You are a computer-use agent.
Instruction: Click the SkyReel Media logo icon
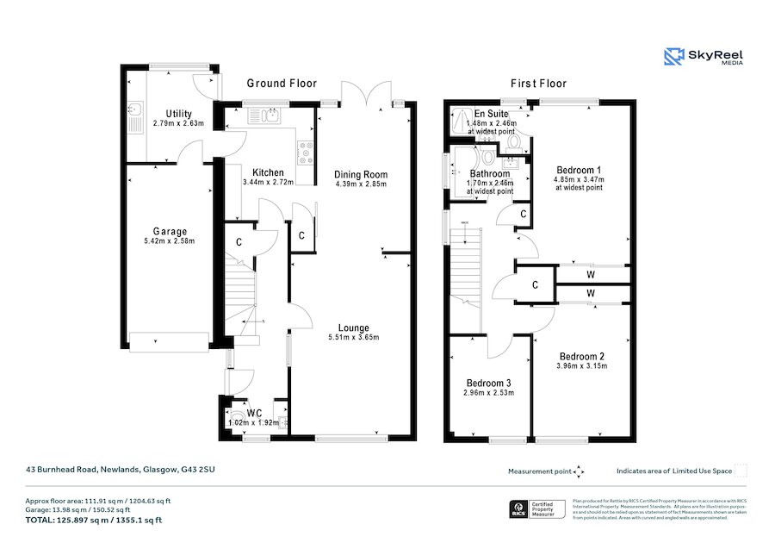pyautogui.click(x=673, y=57)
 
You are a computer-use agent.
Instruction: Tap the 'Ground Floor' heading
pyautogui.click(x=282, y=84)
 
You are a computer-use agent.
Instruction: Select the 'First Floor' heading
pyautogui.click(x=539, y=84)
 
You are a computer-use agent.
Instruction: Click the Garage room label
pyautogui.click(x=170, y=231)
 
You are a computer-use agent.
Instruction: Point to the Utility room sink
pyautogui.click(x=135, y=110)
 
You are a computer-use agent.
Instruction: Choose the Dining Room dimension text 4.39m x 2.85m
pyautogui.click(x=361, y=184)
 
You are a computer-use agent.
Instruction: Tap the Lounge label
pyautogui.click(x=353, y=328)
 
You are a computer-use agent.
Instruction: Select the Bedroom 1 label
pyautogui.click(x=579, y=169)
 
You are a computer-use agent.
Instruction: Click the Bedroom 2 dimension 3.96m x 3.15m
pyautogui.click(x=583, y=365)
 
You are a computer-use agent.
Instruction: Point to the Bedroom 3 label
pyautogui.click(x=489, y=384)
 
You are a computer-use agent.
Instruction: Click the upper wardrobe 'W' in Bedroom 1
pyautogui.click(x=591, y=275)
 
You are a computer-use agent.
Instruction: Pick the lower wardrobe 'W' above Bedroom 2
pyautogui.click(x=591, y=294)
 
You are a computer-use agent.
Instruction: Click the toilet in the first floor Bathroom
pyautogui.click(x=488, y=157)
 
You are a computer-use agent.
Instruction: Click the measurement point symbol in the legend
pyautogui.click(x=580, y=471)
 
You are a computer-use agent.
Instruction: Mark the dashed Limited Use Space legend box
pyautogui.click(x=740, y=471)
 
